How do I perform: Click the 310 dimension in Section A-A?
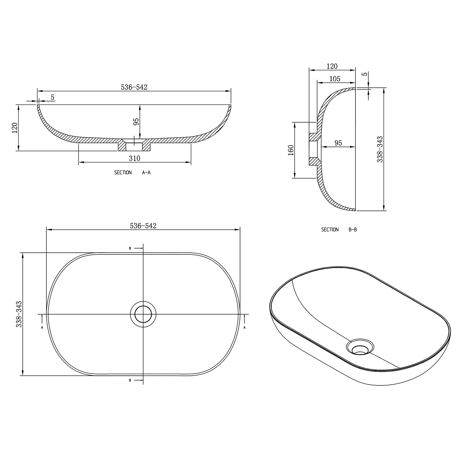click(135, 158)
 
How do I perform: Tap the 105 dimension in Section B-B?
click(335, 79)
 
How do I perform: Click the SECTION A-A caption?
click(132, 173)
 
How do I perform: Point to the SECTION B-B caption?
click(339, 229)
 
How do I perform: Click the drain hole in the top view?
click(143, 314)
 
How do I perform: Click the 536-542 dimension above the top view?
click(143, 226)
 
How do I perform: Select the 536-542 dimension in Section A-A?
click(134, 87)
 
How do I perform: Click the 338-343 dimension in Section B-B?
click(380, 149)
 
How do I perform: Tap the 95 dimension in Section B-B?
click(338, 143)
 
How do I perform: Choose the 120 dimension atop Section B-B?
click(332, 66)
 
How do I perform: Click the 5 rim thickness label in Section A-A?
click(53, 97)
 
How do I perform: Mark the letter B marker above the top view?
click(130, 248)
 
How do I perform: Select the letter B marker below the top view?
click(130, 380)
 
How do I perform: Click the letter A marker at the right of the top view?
click(245, 327)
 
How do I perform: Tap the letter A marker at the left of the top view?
click(42, 327)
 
